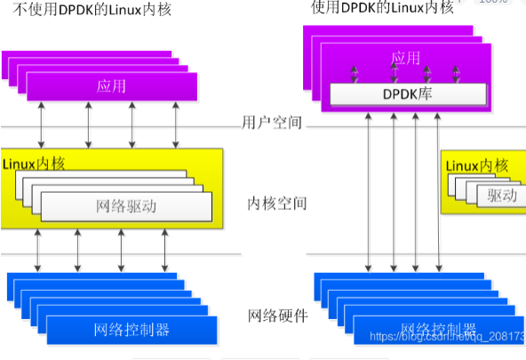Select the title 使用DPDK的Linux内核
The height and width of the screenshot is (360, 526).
click(x=382, y=8)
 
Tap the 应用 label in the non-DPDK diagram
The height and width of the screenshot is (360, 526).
click(x=111, y=86)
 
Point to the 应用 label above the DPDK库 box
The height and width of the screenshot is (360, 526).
click(x=405, y=59)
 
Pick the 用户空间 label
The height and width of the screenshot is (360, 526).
click(x=272, y=123)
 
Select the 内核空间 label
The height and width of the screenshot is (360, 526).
click(x=276, y=204)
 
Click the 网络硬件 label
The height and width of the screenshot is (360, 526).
click(x=276, y=316)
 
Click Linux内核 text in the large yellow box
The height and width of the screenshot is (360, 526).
click(x=35, y=164)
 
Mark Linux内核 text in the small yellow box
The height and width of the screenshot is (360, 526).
click(x=476, y=165)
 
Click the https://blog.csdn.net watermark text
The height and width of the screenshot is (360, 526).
click(x=444, y=338)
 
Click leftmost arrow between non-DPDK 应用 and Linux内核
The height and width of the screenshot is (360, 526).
click(x=42, y=124)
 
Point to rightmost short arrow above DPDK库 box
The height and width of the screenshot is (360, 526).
click(x=458, y=72)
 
